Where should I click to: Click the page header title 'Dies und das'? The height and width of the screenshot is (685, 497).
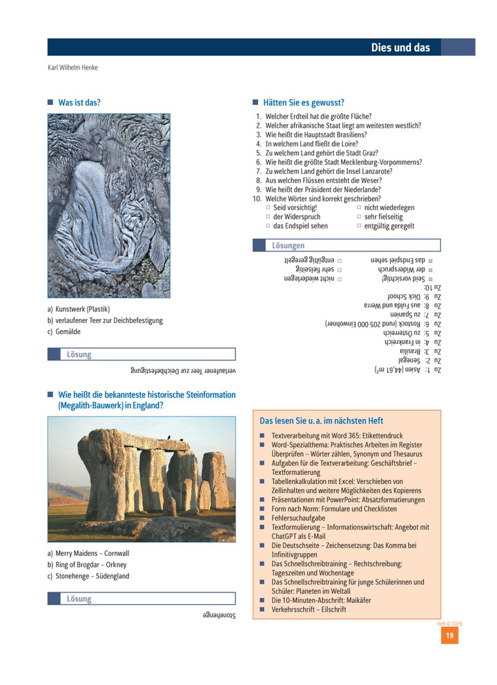click(x=400, y=48)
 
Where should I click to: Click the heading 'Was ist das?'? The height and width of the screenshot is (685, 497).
click(x=79, y=103)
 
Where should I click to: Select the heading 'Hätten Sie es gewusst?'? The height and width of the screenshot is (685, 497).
click(x=304, y=103)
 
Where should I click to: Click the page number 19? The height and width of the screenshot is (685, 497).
click(x=449, y=635)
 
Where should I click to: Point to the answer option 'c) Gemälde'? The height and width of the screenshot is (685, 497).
click(x=64, y=331)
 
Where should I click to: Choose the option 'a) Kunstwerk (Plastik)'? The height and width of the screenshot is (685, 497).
click(x=79, y=309)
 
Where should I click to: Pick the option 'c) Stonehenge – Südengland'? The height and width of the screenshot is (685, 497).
click(x=88, y=576)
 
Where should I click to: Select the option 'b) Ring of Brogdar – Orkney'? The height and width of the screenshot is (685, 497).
click(x=87, y=565)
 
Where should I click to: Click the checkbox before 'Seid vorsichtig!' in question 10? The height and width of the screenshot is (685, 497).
click(x=269, y=208)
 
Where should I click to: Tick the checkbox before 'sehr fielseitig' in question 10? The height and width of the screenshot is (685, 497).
click(x=359, y=217)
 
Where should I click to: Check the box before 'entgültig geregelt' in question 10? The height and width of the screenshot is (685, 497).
click(x=359, y=226)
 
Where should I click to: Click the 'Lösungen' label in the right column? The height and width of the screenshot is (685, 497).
click(x=288, y=246)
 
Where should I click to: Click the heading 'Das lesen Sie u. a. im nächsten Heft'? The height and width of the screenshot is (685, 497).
click(x=321, y=421)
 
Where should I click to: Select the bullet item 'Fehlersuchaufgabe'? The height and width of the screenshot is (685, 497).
click(x=298, y=518)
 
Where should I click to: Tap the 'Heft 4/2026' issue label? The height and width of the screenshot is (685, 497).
click(x=449, y=624)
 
